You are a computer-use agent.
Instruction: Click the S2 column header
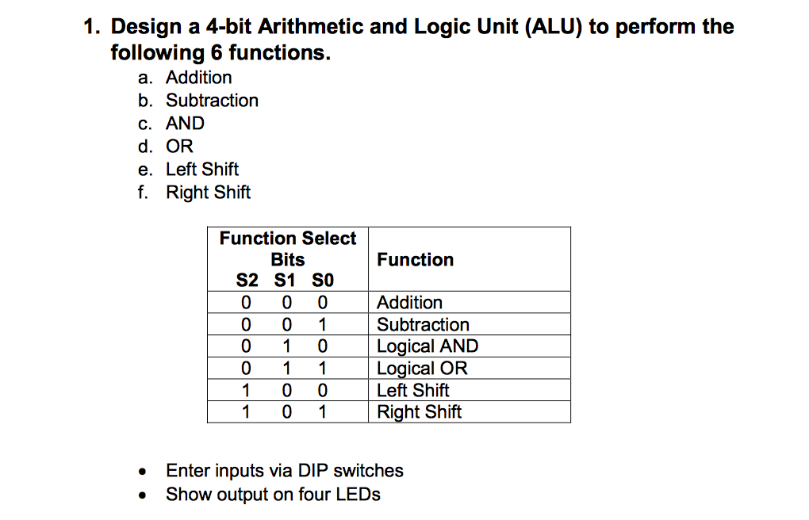(247, 280)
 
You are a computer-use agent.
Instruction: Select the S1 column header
(285, 280)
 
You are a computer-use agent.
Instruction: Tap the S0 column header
(323, 280)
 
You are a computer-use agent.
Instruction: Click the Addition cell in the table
(410, 302)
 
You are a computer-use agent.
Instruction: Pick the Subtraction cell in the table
(423, 324)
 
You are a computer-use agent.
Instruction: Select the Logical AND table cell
(428, 346)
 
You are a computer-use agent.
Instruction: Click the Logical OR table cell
(422, 369)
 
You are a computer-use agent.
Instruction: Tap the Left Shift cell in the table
(412, 391)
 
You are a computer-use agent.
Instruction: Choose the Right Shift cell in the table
(420, 412)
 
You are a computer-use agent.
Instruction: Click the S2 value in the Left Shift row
(246, 391)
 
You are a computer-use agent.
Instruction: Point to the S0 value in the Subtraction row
(323, 324)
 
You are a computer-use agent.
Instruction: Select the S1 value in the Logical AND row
(286, 346)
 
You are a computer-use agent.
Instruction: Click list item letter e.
(144, 170)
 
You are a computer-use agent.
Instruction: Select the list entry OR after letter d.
(179, 147)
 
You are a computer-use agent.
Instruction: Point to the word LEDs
(358, 494)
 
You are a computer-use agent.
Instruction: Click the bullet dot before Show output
(143, 495)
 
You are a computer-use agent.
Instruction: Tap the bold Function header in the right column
(416, 259)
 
